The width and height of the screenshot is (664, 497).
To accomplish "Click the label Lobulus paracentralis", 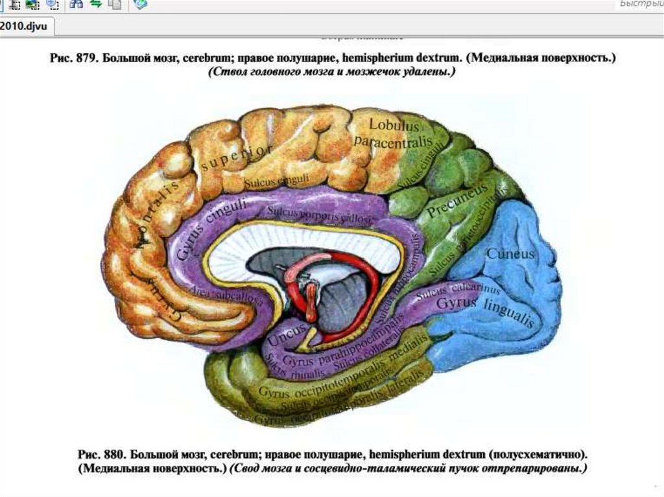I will pos(387,133).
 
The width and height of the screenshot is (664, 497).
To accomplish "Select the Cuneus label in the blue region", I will pos(510,253).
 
